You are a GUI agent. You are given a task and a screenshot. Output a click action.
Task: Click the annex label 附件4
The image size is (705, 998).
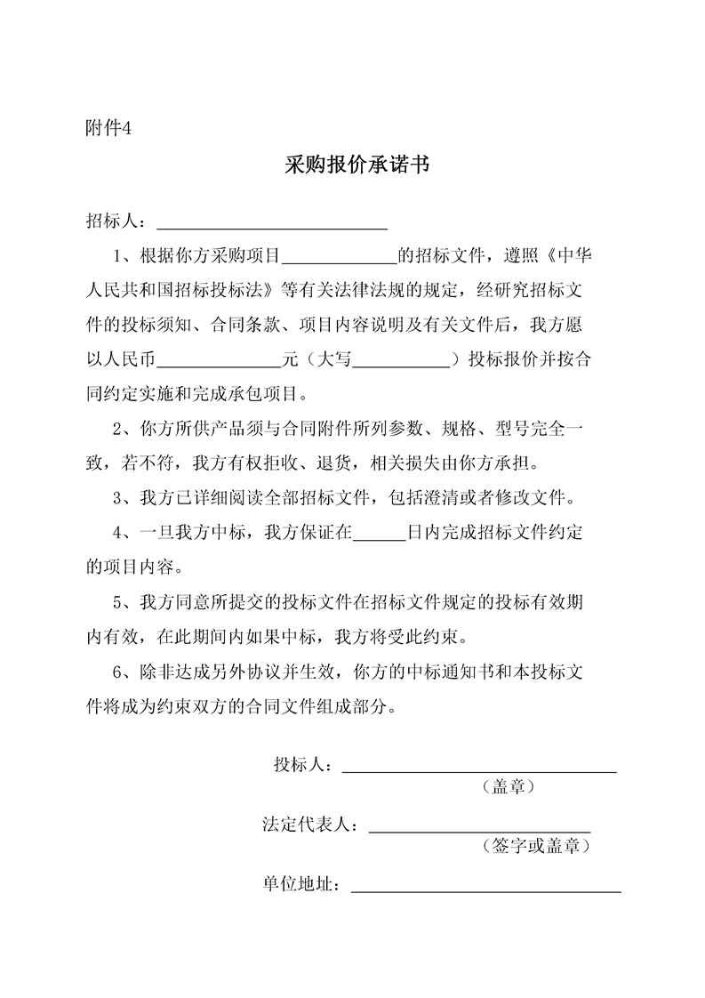(x=108, y=128)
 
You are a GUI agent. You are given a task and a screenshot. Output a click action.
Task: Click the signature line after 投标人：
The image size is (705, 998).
(x=479, y=766)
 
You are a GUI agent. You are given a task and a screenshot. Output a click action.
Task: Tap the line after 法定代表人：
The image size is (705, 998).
(x=479, y=826)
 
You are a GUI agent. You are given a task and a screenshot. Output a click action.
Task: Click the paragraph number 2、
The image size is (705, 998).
(x=123, y=430)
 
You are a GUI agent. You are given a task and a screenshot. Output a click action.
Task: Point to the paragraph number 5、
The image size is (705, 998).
(x=123, y=603)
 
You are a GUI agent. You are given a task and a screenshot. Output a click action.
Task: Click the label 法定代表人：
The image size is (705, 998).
(x=311, y=825)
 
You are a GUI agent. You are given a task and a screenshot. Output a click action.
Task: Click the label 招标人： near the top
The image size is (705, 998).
(x=116, y=221)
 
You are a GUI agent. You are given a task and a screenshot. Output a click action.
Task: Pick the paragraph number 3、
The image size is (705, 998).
(x=123, y=499)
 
